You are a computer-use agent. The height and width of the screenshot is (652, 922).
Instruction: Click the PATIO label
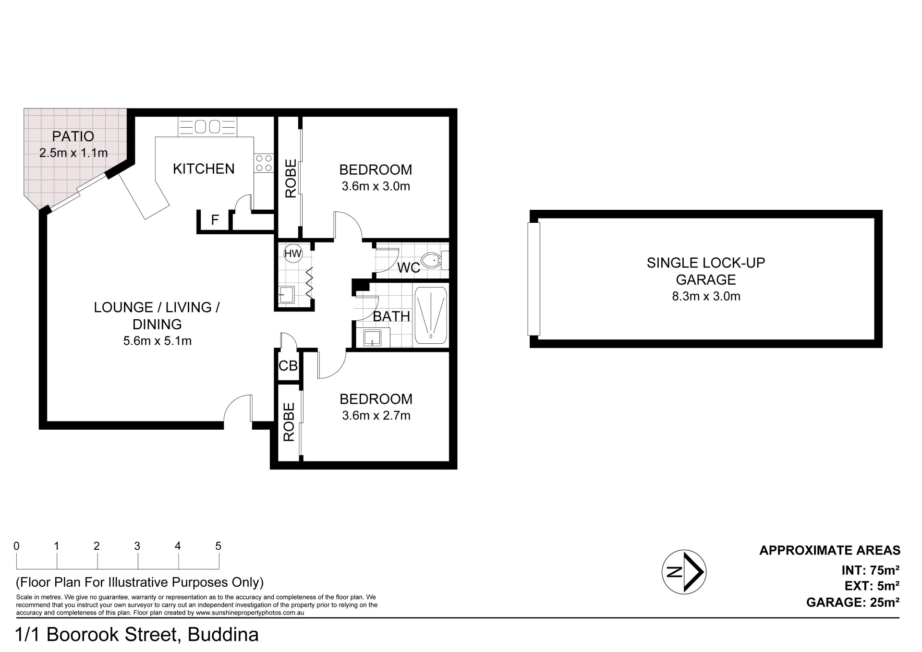click(x=73, y=136)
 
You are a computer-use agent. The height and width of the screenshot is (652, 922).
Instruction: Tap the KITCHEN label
click(x=204, y=169)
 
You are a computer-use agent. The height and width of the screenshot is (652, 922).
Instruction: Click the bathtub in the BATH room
click(x=431, y=315)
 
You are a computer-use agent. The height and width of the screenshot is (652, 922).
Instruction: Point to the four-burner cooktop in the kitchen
click(x=263, y=163)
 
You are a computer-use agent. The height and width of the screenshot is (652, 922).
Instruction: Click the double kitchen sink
click(x=207, y=127)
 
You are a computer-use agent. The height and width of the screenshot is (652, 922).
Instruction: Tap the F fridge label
click(x=215, y=220)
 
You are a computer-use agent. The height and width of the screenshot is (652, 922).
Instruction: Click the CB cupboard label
click(x=288, y=366)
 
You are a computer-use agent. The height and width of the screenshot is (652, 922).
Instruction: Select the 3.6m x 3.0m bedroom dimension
click(x=376, y=186)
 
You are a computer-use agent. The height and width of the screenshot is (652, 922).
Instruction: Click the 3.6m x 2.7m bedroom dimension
click(x=376, y=416)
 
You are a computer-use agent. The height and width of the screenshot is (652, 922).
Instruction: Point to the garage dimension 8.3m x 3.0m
click(x=706, y=296)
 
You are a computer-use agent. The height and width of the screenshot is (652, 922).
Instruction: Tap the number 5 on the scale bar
click(x=218, y=546)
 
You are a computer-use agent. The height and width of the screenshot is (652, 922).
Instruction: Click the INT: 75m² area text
click(x=870, y=570)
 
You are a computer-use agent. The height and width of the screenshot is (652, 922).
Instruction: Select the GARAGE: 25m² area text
click(x=853, y=602)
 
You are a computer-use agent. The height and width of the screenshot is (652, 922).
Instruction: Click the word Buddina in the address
click(x=223, y=635)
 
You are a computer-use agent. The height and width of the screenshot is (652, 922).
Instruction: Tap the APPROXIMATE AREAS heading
click(x=830, y=550)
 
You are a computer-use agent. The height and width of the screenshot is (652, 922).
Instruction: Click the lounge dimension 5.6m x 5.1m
click(x=158, y=341)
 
